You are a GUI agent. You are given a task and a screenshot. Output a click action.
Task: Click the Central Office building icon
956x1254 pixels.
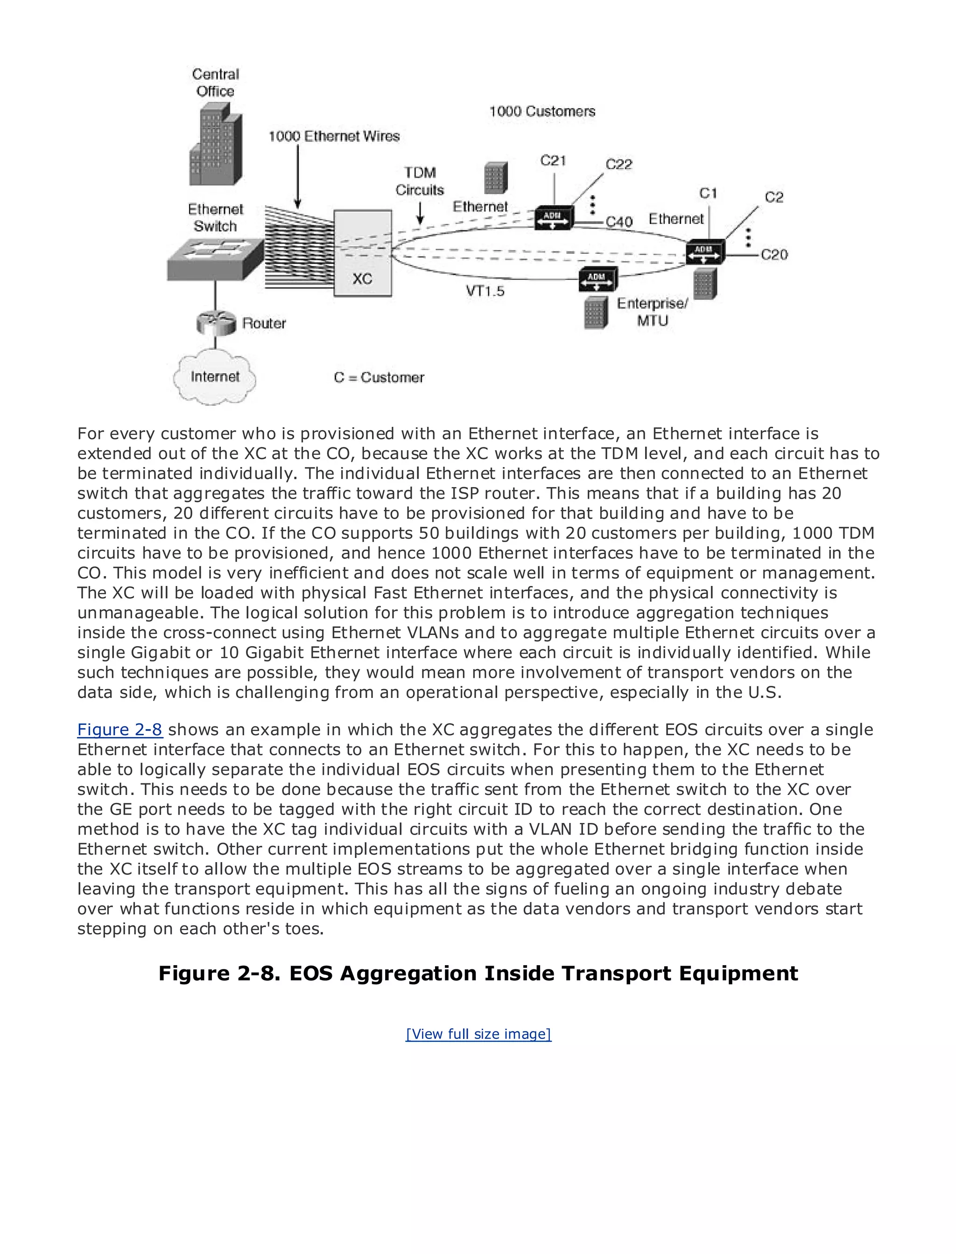[215, 147]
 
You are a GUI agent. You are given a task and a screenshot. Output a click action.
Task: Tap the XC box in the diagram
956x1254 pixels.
[363, 253]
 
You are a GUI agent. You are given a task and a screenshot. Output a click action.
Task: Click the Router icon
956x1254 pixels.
[216, 323]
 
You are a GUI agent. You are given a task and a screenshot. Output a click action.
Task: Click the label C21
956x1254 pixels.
[553, 161]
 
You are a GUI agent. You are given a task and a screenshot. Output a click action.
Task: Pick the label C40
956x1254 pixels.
[619, 222]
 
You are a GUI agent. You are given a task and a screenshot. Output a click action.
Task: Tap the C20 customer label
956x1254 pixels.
[774, 255]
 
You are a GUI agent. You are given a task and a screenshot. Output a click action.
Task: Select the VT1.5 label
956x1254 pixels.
[485, 291]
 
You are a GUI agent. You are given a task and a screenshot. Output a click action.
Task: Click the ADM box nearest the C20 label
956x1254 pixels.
[705, 251]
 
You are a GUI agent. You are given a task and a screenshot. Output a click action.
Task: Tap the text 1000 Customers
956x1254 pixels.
[542, 111]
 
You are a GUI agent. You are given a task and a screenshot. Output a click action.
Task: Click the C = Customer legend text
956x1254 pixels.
[379, 377]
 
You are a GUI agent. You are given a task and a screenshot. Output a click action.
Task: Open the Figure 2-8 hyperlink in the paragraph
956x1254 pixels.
[119, 730]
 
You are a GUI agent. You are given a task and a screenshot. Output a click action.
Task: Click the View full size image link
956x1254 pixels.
[478, 1034]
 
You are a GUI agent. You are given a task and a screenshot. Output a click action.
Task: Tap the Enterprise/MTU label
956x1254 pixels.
[652, 312]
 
